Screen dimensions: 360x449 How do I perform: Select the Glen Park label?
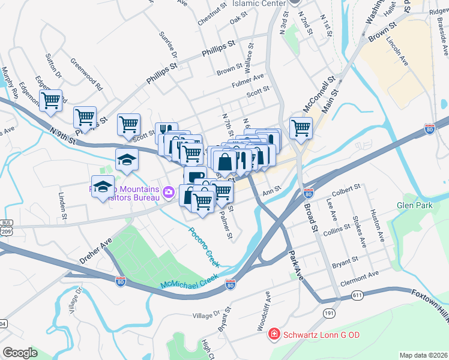pos(415,205)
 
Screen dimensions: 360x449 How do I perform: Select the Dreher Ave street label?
pos(96,253)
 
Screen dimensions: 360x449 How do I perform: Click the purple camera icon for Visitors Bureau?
pos(169,193)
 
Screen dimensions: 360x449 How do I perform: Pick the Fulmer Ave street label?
pos(249,78)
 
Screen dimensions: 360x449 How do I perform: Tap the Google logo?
pos(20,353)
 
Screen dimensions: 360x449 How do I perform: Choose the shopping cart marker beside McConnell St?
pos(301,128)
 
